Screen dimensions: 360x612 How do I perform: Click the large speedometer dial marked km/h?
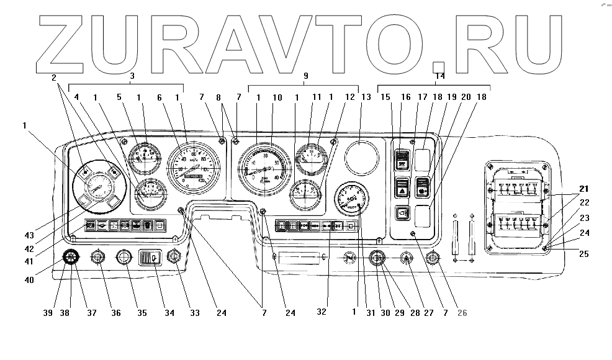click(x=194, y=169)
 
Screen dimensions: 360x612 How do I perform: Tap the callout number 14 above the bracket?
click(x=439, y=76)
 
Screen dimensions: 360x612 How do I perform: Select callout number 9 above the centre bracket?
click(x=305, y=76)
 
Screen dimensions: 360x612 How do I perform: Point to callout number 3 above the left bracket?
click(x=132, y=76)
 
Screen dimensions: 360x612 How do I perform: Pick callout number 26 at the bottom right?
click(x=462, y=313)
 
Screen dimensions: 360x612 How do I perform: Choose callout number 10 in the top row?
click(x=277, y=97)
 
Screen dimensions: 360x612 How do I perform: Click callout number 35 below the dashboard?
click(x=142, y=313)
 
